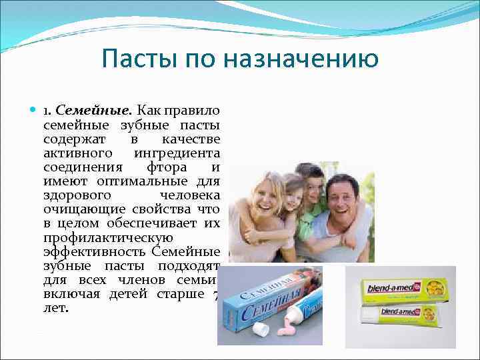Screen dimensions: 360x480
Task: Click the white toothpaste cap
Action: (262, 329)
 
